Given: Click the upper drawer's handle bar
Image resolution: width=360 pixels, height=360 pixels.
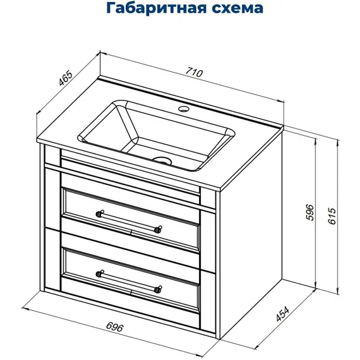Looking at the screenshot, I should click(129, 220).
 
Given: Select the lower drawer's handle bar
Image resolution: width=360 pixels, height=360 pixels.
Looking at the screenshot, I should click(129, 281).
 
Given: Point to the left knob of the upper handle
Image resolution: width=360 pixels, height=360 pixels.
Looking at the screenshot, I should click(99, 213).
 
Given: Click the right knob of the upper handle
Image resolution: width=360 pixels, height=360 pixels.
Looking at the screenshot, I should click(159, 229).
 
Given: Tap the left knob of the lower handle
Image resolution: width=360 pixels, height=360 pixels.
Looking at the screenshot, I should click(99, 273).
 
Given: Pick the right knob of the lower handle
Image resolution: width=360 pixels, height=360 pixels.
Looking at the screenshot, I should click(159, 289).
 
